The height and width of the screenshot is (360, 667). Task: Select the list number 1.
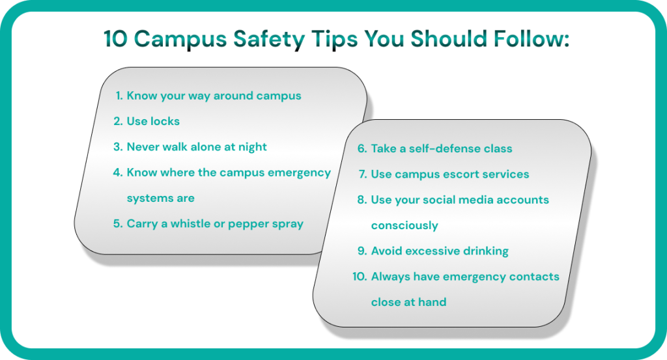119,96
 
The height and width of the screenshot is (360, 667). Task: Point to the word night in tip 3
252,147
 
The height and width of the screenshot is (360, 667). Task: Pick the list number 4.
117,172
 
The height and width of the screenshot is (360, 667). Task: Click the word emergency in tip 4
299,173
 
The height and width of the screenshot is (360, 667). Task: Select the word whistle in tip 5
190,223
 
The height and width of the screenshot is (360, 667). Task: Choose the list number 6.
362,148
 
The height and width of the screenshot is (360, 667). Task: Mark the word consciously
404,226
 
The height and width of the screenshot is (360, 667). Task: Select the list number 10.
360,276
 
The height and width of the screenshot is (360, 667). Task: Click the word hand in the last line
433,302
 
